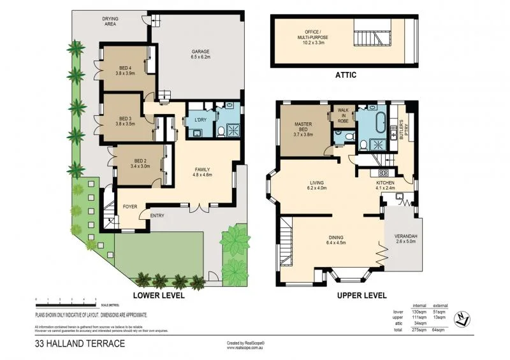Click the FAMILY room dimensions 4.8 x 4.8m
click(x=203, y=173)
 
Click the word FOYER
click(x=130, y=206)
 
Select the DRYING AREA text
click(x=111, y=22)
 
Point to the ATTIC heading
click(x=345, y=75)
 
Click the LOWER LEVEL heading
click(x=158, y=296)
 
